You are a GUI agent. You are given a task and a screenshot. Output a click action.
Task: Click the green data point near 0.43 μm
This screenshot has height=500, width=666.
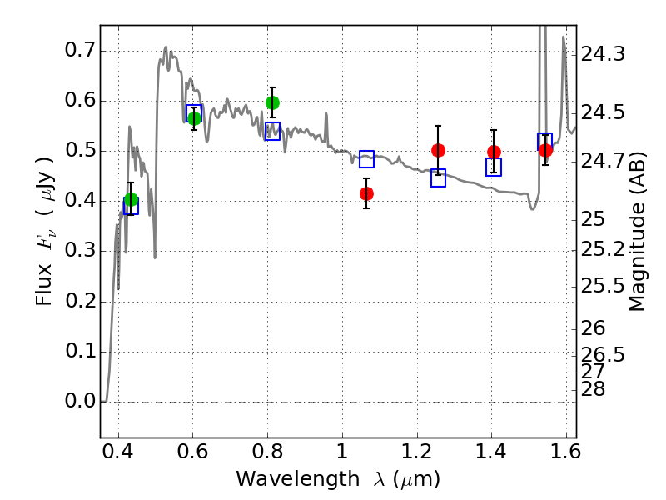coord(131,199)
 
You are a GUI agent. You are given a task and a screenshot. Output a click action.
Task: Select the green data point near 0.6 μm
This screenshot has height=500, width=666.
coord(194,118)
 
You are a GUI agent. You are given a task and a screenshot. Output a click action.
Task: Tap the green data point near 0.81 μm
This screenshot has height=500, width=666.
coord(272,102)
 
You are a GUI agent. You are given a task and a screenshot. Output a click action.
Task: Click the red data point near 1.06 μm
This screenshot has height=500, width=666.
coord(366,194)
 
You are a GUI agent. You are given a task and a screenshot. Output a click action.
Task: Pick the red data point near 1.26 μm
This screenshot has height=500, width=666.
coord(438,150)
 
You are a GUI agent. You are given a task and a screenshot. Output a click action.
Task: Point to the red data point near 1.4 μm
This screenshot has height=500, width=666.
coord(494,152)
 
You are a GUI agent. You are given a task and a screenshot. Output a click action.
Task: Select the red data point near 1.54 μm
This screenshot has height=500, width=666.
coord(545,150)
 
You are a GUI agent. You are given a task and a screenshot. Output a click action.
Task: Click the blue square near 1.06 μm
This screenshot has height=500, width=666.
coord(366,159)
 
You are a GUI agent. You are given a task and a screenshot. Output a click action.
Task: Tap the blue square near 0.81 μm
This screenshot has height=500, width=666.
coord(272,131)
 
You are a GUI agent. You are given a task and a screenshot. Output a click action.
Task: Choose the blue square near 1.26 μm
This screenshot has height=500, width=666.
coord(438,177)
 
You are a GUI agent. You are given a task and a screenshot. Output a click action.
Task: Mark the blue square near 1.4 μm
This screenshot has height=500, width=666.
coord(494,167)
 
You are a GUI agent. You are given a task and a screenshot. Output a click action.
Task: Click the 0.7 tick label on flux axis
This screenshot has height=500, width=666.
coord(80,50)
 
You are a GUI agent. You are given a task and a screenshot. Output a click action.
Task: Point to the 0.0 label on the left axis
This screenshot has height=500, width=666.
coord(80,401)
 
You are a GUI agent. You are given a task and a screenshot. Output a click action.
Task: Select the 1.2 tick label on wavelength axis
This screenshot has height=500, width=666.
coord(417,451)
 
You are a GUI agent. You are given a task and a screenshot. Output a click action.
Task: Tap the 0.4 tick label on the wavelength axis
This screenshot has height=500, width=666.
coord(117,451)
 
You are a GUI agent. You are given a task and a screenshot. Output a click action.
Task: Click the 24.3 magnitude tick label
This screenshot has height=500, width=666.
coord(603,54)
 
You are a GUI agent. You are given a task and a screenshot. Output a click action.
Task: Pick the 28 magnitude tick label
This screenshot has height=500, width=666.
coord(593,389)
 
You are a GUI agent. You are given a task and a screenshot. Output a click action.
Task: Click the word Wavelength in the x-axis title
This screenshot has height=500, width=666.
coord(297,479)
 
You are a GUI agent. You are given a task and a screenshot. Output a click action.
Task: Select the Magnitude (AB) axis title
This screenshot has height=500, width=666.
coord(637,232)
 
